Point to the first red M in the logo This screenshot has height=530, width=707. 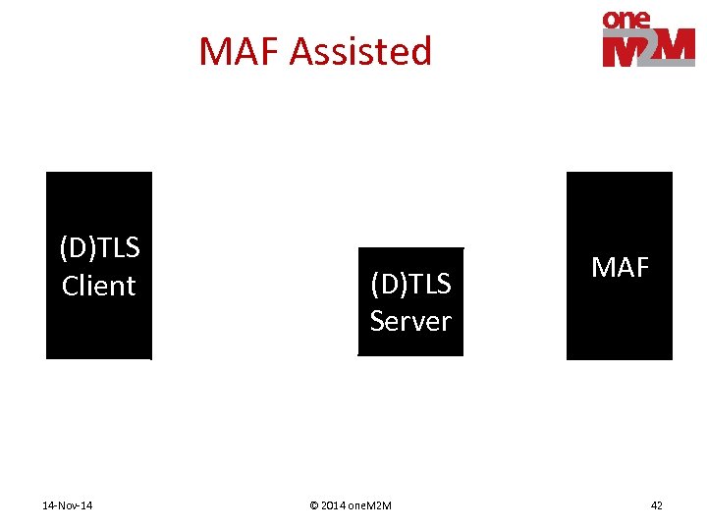tap(621, 49)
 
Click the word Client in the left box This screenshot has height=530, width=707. tap(99, 286)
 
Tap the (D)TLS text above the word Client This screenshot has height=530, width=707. tap(99, 248)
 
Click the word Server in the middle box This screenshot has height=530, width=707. tap(410, 321)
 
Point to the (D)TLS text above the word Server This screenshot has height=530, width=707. tap(410, 284)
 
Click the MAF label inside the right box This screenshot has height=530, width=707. tap(620, 267)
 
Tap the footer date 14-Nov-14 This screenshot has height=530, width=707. tap(68, 505)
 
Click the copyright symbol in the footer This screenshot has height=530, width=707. tap(313, 505)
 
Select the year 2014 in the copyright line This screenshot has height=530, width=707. tap(333, 505)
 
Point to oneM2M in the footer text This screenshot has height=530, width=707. tap(369, 505)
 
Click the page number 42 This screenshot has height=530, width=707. tap(656, 505)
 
